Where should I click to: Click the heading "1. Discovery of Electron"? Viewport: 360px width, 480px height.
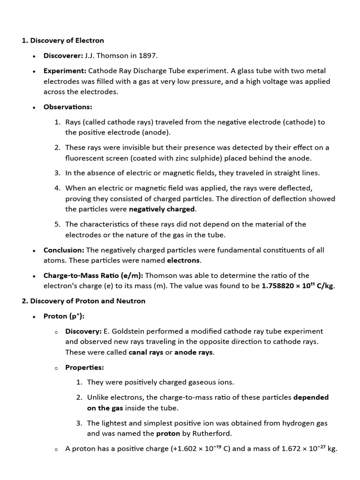(x=63, y=41)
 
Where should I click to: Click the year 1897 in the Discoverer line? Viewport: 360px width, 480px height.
(x=148, y=56)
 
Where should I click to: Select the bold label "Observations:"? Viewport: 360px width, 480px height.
(x=67, y=107)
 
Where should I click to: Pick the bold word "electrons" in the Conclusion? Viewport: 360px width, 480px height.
(x=184, y=260)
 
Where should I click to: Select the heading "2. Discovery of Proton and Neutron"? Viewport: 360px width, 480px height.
(x=83, y=301)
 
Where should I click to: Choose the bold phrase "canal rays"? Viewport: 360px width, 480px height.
(x=146, y=352)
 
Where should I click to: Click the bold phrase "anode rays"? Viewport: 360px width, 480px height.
(x=194, y=352)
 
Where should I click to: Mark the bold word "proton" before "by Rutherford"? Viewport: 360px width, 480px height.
(x=168, y=434)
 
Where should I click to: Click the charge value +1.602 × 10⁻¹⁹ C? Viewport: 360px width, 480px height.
(x=198, y=449)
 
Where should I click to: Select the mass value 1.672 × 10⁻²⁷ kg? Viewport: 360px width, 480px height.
(x=309, y=449)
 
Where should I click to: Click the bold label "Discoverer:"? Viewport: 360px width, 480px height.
(x=63, y=56)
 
